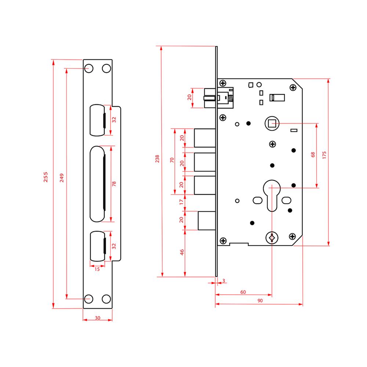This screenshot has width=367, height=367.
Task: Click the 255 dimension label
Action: click(46, 177)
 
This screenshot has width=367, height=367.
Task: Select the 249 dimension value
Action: click(62, 178)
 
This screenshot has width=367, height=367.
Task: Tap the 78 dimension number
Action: click(114, 184)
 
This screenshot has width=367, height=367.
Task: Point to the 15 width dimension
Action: click(97, 269)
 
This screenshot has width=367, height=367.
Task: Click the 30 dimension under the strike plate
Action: click(98, 318)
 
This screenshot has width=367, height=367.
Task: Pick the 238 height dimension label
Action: click(157, 159)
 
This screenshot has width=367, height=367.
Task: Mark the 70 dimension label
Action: click(172, 160)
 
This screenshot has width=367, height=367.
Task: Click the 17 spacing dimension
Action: click(181, 202)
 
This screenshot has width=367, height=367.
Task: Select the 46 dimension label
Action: click(182, 252)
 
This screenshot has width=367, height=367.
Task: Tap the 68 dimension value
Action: click(313, 155)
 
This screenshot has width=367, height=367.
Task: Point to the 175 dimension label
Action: click(324, 155)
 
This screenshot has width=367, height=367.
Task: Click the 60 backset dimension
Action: click(243, 292)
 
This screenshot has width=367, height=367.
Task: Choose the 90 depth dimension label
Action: click(260, 301)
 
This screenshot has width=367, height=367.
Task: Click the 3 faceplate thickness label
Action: click(224, 280)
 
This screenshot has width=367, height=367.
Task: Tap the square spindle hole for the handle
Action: click(272, 123)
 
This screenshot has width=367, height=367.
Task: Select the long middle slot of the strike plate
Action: click(97, 184)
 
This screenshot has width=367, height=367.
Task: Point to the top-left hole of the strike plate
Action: click(89, 69)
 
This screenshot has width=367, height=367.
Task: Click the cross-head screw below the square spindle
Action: click(272, 144)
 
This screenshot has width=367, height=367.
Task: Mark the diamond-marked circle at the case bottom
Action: click(272, 238)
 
